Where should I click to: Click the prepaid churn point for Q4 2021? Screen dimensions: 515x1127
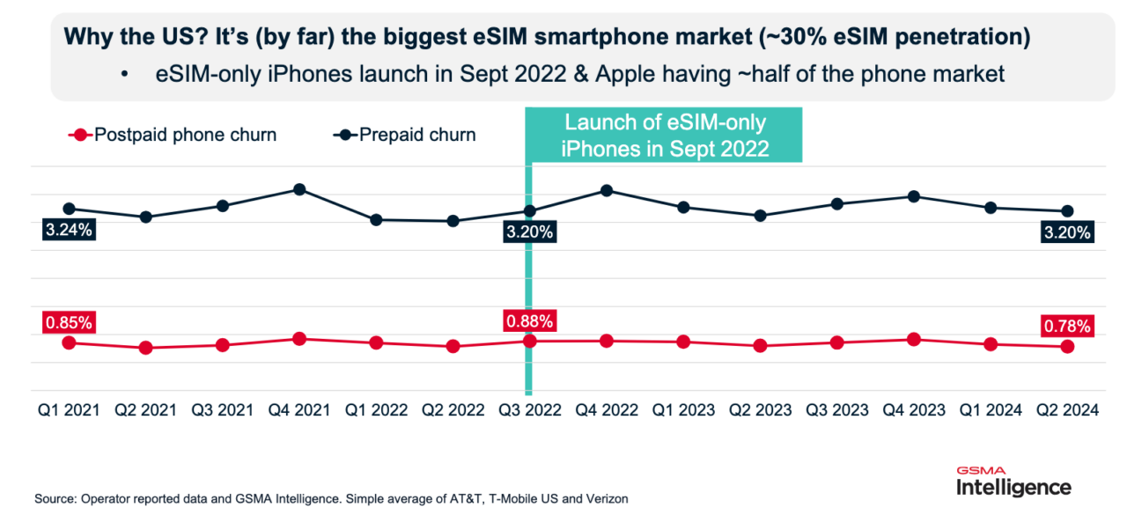click(x=299, y=189)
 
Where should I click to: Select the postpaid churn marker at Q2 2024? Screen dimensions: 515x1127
click(x=1067, y=347)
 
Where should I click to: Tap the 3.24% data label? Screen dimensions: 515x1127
click(x=69, y=232)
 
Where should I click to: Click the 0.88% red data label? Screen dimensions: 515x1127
click(x=528, y=321)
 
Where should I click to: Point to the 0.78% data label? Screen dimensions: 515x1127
click(x=1067, y=327)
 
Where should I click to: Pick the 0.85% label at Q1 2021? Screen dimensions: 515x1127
click(x=69, y=322)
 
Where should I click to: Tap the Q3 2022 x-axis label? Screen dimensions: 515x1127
click(x=530, y=410)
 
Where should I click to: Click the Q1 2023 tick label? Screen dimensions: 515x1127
click(x=683, y=410)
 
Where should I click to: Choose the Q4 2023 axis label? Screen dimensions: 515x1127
click(x=913, y=410)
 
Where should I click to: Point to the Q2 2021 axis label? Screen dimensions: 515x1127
click(x=146, y=410)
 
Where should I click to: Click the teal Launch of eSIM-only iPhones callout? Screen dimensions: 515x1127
click(x=665, y=136)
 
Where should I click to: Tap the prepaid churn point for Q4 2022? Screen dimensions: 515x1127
click(x=607, y=190)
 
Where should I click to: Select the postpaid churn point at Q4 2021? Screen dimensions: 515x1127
click(x=299, y=339)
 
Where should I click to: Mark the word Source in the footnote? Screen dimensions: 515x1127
click(x=54, y=499)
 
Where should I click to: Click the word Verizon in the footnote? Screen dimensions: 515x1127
click(x=608, y=499)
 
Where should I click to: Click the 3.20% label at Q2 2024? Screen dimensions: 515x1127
click(x=1067, y=233)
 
